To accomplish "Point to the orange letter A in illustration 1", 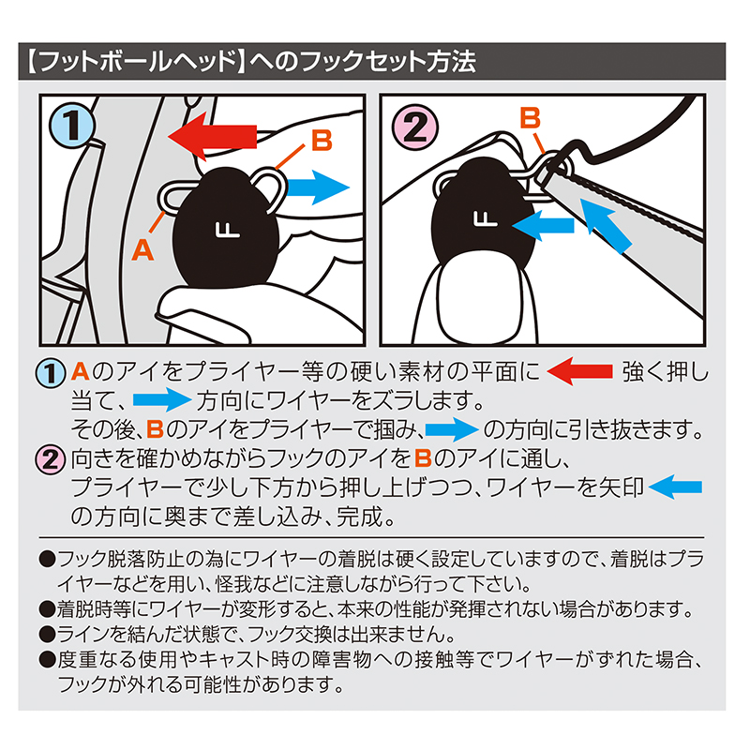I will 142,248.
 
